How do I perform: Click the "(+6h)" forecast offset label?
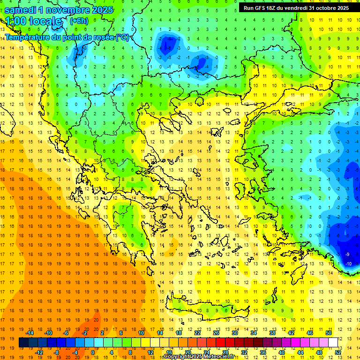click(x=79, y=21)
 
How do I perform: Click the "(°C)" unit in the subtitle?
click(x=122, y=37)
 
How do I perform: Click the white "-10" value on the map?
click(x=348, y=264)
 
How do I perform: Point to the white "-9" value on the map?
click(x=347, y=254)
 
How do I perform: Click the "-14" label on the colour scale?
click(x=30, y=333)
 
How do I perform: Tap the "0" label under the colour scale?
click(x=92, y=352)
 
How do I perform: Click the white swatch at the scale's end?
click(x=333, y=343)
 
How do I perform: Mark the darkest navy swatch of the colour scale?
click(x=24, y=343)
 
